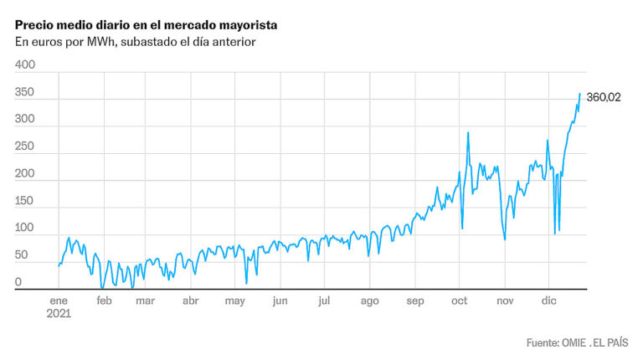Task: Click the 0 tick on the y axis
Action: pos(18,282)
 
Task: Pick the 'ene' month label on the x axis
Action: pos(59,301)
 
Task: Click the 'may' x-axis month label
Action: pos(235,301)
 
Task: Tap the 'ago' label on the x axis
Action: pos(370,301)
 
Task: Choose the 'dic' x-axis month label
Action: pos(549,301)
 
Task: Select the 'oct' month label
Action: pos(460,301)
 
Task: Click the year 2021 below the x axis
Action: pos(59,315)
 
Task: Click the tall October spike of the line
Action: pos(467,132)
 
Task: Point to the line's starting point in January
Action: pos(59,265)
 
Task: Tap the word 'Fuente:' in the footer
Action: pos(545,343)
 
